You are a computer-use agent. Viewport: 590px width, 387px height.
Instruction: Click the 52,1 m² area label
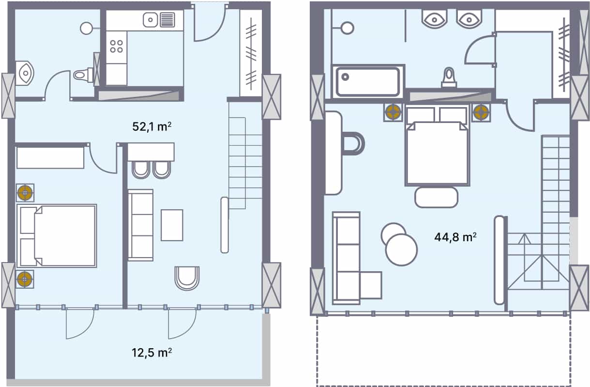pyautogui.click(x=152, y=127)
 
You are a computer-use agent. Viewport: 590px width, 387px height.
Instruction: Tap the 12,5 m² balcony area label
pyautogui.click(x=152, y=352)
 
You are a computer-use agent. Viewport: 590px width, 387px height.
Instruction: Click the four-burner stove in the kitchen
pyautogui.click(x=116, y=46)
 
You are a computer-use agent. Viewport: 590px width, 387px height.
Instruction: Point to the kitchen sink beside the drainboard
pyautogui.click(x=151, y=20)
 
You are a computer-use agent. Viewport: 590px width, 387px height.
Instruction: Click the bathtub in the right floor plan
pyautogui.click(x=368, y=81)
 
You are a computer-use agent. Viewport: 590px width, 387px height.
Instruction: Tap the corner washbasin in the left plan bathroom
pyautogui.click(x=24, y=73)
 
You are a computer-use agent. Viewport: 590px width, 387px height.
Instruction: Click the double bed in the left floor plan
pyautogui.click(x=57, y=235)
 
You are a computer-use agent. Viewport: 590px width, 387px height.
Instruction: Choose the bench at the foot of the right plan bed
pyautogui.click(x=436, y=197)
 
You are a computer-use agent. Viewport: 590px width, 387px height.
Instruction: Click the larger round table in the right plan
pyautogui.click(x=401, y=249)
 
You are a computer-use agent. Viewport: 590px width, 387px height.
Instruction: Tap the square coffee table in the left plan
pyautogui.click(x=172, y=225)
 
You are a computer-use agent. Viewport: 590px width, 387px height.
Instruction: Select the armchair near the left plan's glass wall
pyautogui.click(x=187, y=278)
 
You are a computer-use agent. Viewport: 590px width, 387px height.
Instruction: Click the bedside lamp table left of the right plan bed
pyautogui.click(x=393, y=112)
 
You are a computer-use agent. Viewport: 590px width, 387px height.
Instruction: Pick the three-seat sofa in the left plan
pyautogui.click(x=140, y=225)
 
